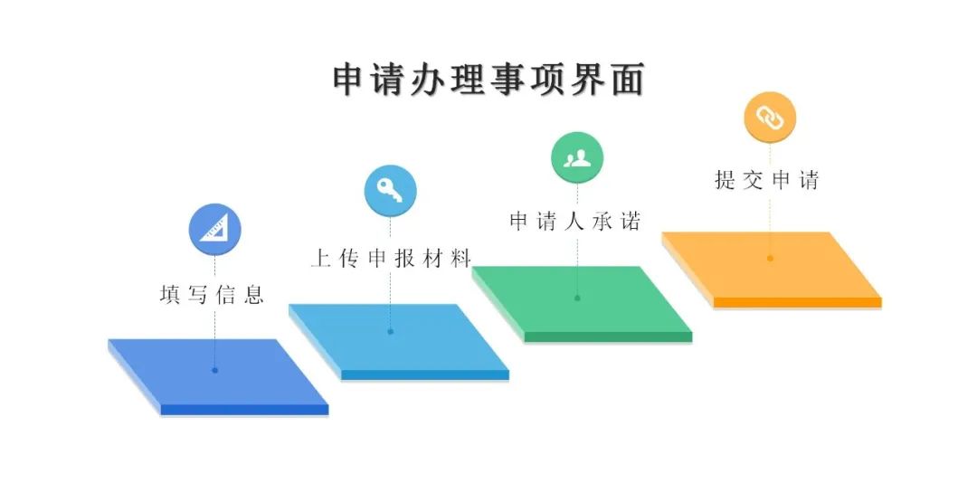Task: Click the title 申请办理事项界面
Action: [488, 80]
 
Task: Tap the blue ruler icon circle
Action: [215, 230]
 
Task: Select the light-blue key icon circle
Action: [391, 191]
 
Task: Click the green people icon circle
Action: [577, 157]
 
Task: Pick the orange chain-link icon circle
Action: [770, 118]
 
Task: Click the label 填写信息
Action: [212, 294]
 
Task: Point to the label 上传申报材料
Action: [391, 258]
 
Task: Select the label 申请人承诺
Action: [575, 222]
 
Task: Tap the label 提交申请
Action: [766, 180]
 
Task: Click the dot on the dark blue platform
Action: [215, 370]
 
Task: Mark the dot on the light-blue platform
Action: [391, 332]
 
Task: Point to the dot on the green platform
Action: [577, 298]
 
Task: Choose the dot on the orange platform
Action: [770, 258]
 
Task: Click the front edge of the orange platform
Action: [798, 302]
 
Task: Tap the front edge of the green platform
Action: [609, 336]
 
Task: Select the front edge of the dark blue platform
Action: [244, 410]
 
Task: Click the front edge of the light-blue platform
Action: [425, 374]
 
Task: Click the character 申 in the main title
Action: [348, 80]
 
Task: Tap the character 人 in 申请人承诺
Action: [574, 222]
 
